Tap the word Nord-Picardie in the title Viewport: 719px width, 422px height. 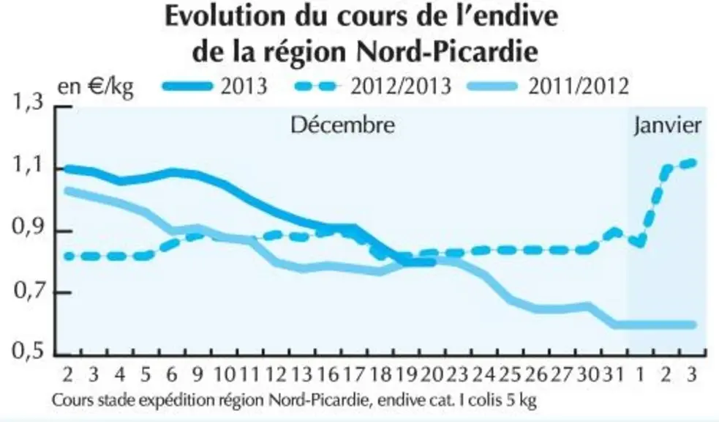pyautogui.click(x=447, y=52)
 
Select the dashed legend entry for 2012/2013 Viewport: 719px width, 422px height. pyautogui.click(x=372, y=86)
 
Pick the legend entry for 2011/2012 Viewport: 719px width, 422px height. pyautogui.click(x=548, y=86)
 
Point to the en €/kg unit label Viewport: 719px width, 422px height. pyautogui.click(x=95, y=86)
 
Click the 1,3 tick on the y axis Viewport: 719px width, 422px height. pyautogui.click(x=29, y=102)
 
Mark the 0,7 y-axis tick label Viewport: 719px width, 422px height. pyautogui.click(x=29, y=291)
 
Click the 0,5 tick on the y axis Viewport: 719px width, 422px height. pyautogui.click(x=29, y=351)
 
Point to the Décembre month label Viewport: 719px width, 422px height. pyautogui.click(x=343, y=125)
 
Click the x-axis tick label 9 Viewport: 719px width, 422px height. pyautogui.click(x=197, y=374)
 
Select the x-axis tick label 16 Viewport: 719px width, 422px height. pyautogui.click(x=328, y=374)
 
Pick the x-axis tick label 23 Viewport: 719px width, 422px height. pyautogui.click(x=456, y=374)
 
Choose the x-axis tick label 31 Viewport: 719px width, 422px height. pyautogui.click(x=614, y=374)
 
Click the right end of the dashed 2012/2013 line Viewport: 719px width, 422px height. pyautogui.click(x=693, y=163)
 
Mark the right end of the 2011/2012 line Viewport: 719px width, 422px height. pyautogui.click(x=693, y=325)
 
